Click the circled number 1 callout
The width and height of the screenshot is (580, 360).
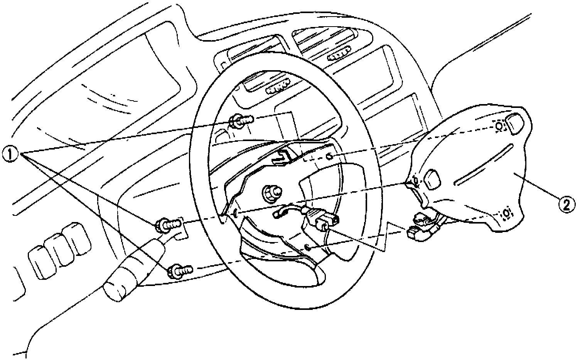(x=12, y=155)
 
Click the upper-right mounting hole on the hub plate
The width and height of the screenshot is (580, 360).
(x=329, y=156)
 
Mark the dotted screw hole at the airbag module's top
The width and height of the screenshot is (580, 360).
(x=499, y=126)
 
